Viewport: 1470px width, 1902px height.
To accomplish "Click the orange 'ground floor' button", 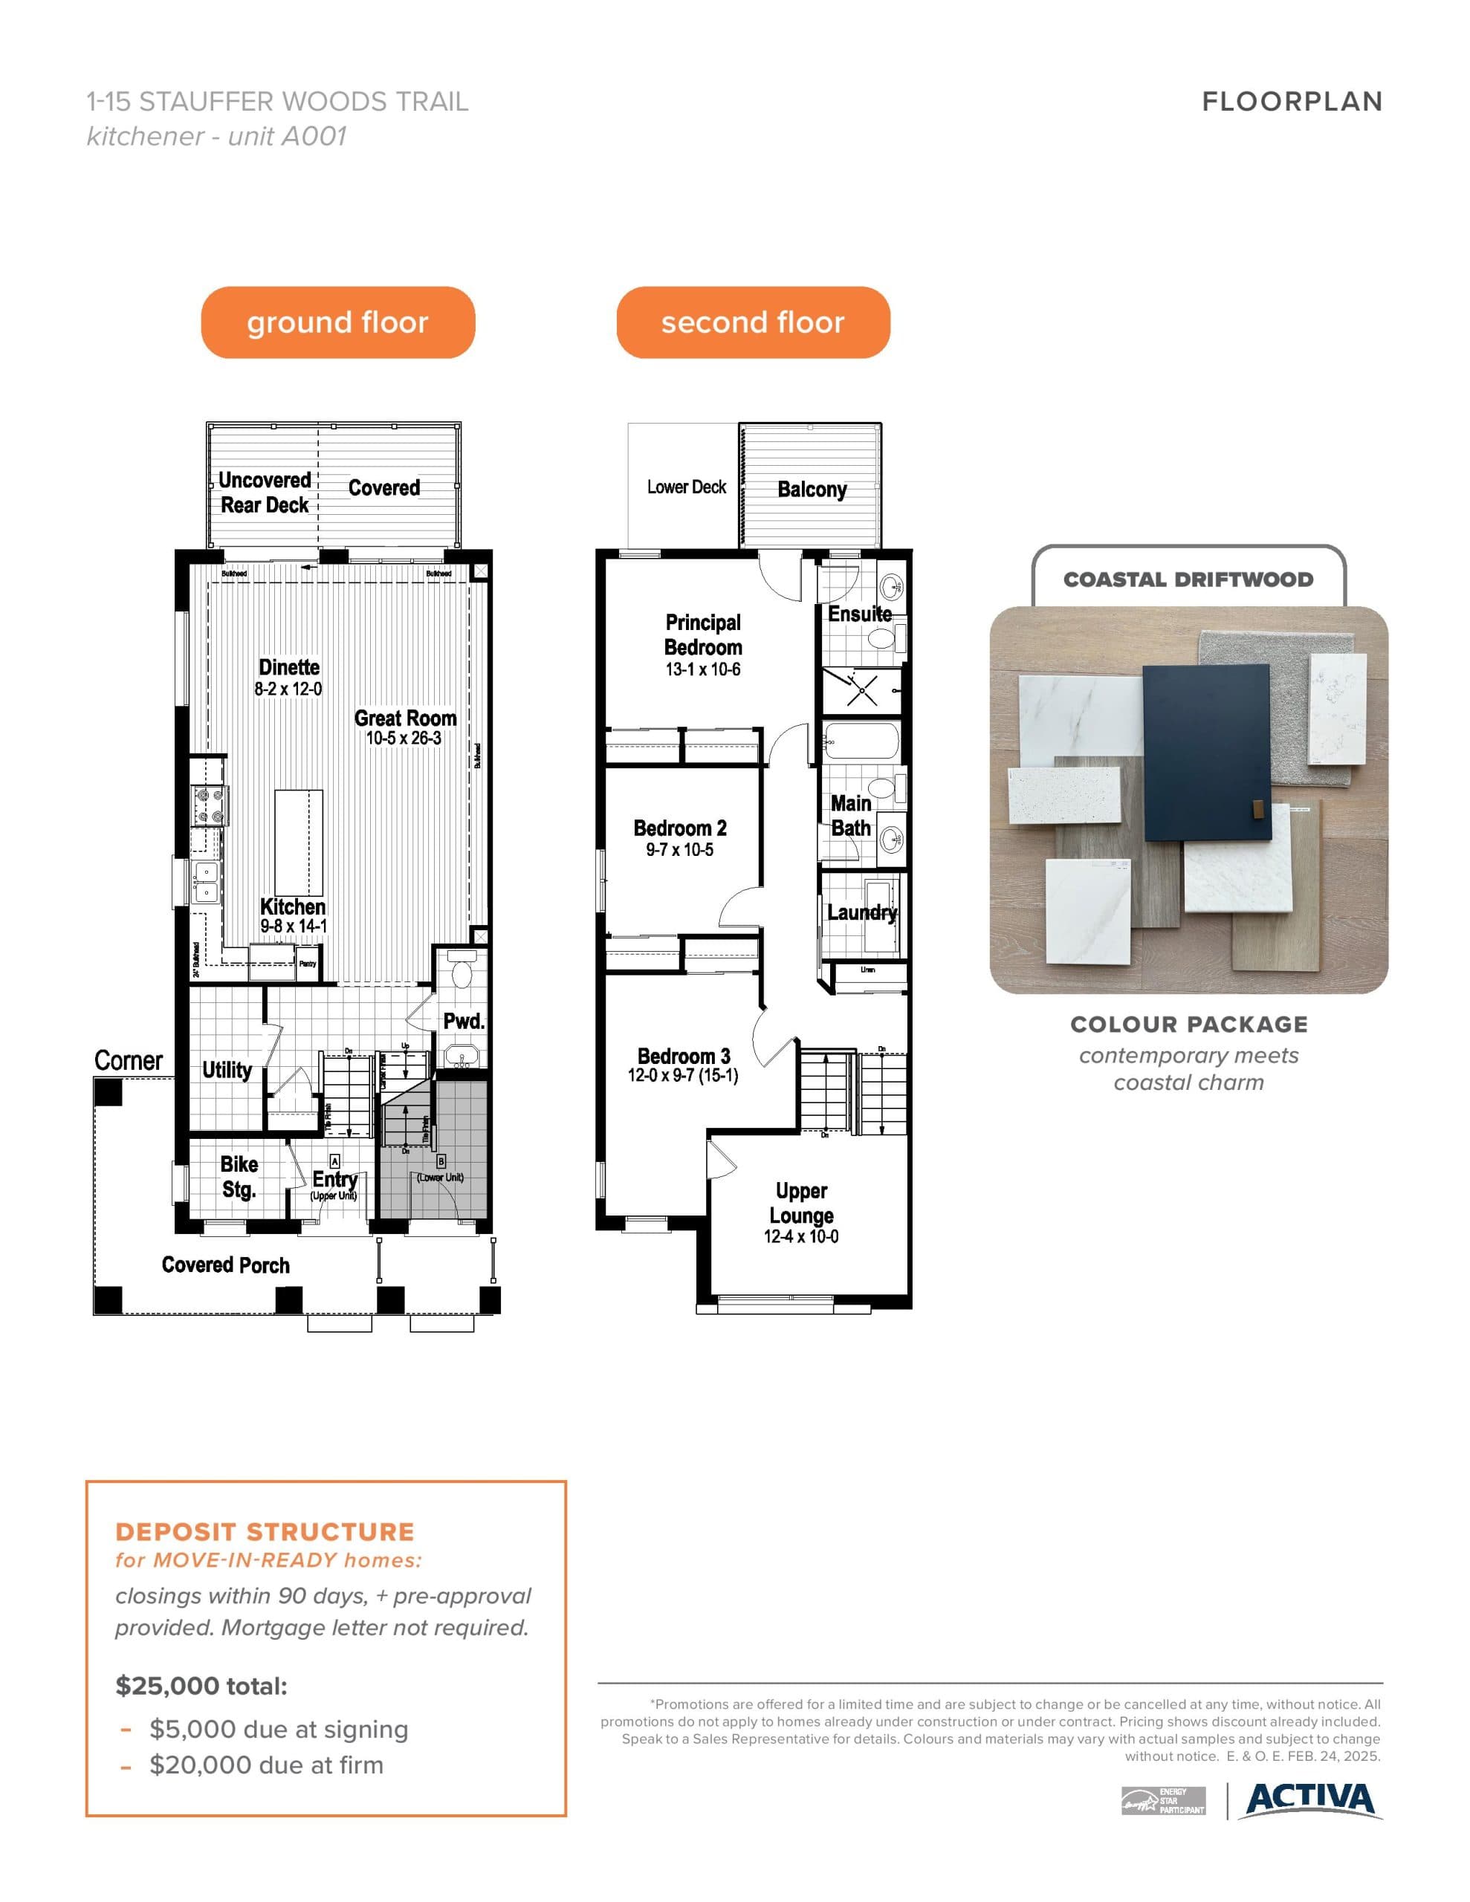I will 337,322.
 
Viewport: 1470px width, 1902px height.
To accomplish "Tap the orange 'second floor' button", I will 753,322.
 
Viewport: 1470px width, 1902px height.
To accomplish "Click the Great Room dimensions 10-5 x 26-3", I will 404,739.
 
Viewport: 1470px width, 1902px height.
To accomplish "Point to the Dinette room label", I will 288,667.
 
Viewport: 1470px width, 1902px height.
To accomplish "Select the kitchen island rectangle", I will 299,831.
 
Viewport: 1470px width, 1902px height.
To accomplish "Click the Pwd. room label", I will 463,1021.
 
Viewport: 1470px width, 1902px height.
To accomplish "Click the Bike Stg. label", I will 239,1177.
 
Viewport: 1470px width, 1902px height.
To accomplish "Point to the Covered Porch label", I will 226,1265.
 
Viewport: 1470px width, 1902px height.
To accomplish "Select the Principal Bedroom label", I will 702,635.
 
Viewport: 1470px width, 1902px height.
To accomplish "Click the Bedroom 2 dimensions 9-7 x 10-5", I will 680,850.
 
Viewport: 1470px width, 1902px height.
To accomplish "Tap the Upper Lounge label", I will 801,1203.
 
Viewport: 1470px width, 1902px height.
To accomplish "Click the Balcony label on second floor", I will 812,490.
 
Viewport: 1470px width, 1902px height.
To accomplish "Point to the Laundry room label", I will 861,912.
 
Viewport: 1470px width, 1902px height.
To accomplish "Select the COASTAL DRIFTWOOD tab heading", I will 1188,579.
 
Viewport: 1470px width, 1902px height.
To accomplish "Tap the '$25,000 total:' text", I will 201,1686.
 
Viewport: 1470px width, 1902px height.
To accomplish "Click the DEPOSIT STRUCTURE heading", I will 265,1532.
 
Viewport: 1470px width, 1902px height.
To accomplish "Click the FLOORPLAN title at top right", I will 1292,102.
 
